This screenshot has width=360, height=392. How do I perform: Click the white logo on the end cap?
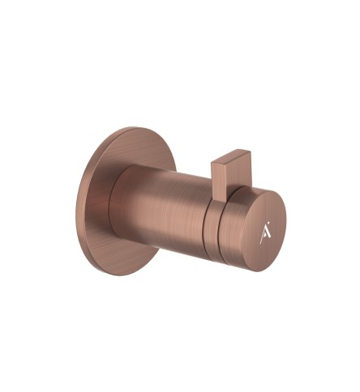(x=265, y=234)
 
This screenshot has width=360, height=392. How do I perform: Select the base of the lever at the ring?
(x=221, y=194)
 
